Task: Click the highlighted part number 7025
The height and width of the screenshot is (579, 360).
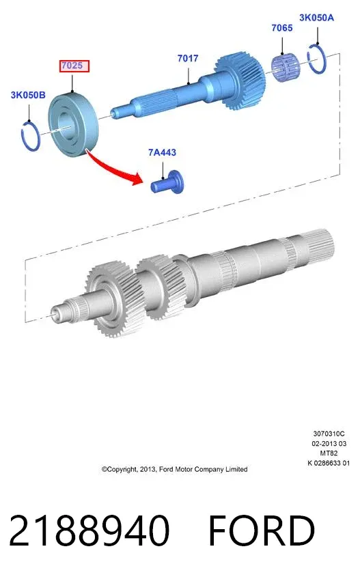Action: coord(74,66)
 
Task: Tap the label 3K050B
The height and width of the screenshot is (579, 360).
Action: coord(28,95)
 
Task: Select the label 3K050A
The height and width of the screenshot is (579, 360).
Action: coord(316,17)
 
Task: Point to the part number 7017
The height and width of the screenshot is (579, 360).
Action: coord(188,58)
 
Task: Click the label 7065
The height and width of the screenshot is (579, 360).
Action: coord(282,28)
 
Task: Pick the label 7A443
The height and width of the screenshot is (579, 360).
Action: coord(162,152)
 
